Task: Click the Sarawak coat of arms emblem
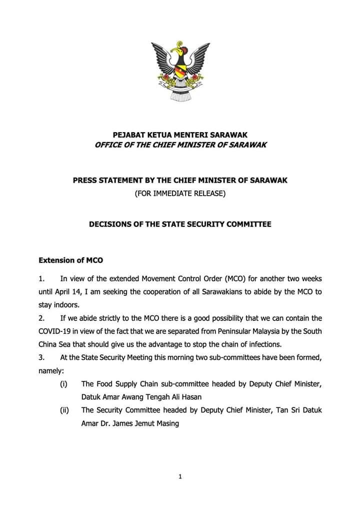click(x=180, y=71)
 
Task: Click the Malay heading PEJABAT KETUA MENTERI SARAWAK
click(x=180, y=135)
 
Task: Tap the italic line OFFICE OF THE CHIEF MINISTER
click(x=180, y=145)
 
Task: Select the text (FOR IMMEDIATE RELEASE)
click(x=180, y=193)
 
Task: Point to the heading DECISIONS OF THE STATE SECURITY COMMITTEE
click(x=180, y=224)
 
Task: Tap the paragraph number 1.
click(x=41, y=278)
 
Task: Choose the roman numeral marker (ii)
click(x=64, y=410)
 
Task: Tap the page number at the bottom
click(x=180, y=477)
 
